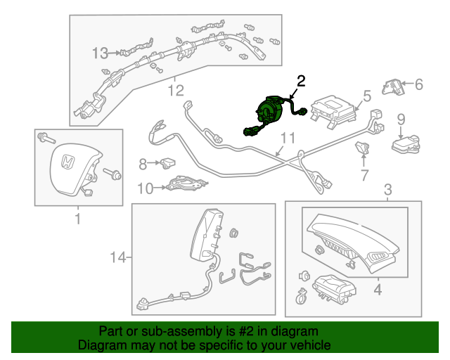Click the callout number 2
click(x=301, y=81)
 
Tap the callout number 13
click(x=101, y=53)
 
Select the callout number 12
click(x=175, y=90)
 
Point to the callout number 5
click(x=366, y=96)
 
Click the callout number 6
click(x=418, y=85)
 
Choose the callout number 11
click(x=288, y=138)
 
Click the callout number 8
click(x=143, y=165)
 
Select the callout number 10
click(x=145, y=188)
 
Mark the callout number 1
click(x=78, y=219)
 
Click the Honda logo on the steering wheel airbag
click(x=67, y=163)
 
